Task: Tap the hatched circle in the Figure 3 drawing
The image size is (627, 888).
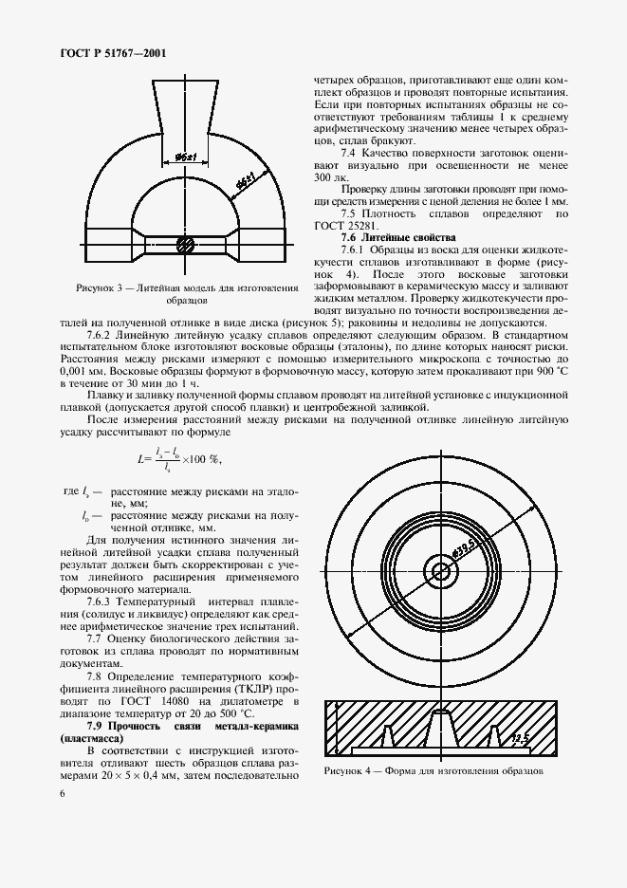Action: click(x=186, y=245)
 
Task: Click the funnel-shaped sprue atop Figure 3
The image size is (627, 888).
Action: click(x=184, y=108)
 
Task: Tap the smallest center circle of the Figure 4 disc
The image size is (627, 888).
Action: click(x=440, y=570)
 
